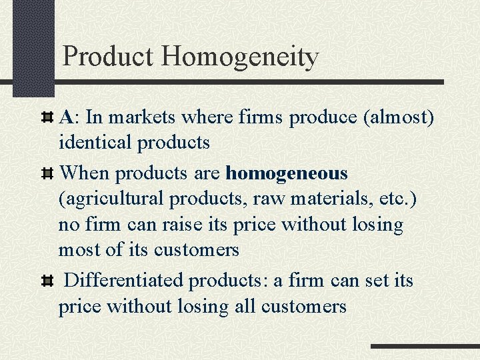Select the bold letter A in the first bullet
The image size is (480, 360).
(66, 117)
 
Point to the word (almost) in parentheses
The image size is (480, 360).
(398, 117)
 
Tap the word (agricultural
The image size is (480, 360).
(111, 199)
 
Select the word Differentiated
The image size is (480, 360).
(125, 280)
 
